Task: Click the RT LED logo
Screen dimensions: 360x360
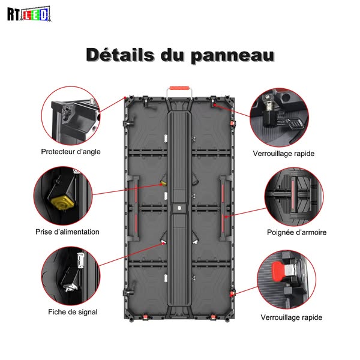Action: click(x=29, y=14)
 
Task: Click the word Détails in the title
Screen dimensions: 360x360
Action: click(x=120, y=55)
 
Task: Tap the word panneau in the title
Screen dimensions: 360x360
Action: click(x=233, y=56)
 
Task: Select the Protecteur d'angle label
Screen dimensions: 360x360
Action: click(x=71, y=152)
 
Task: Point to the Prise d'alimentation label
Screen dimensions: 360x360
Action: click(x=67, y=232)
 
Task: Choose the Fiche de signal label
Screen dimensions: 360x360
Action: click(x=73, y=312)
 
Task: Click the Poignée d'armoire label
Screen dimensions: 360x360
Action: click(x=296, y=232)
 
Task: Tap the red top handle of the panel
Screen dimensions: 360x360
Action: click(x=179, y=88)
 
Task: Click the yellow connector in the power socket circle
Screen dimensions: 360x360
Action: click(x=62, y=202)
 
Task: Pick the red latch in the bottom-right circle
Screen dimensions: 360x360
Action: click(x=278, y=272)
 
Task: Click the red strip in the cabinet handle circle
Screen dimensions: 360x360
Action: click(x=293, y=197)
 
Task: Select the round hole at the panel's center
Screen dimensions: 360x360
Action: click(x=179, y=208)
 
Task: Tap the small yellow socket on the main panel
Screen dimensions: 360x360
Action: click(x=163, y=183)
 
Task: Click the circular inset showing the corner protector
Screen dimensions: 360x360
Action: click(x=71, y=116)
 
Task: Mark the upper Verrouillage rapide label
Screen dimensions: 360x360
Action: click(x=284, y=154)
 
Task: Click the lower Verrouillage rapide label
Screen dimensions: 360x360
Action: click(x=292, y=317)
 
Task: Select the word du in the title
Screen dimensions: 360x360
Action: click(x=172, y=55)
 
